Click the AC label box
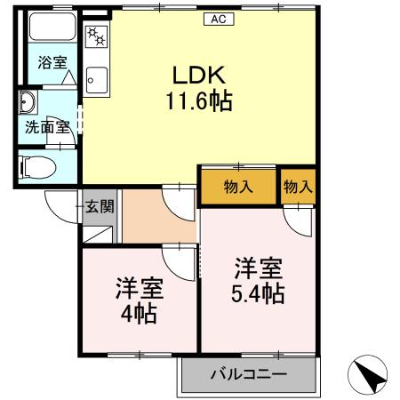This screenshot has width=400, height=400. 218,20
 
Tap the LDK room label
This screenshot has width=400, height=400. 196,76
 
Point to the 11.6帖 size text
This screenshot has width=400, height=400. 197,101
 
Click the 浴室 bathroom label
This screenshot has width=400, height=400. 52,63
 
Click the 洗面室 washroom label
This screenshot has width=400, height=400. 46,127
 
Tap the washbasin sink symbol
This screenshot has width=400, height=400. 27,100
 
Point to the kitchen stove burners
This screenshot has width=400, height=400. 94,37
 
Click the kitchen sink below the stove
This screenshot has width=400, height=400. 94,79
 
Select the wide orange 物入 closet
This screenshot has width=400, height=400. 237,187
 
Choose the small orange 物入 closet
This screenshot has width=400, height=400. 297,187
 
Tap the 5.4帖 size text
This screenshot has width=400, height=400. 259,293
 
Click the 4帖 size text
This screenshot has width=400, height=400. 140,313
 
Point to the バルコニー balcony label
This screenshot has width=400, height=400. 248,374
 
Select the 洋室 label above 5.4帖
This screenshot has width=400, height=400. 259,268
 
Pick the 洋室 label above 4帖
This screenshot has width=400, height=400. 140,288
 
